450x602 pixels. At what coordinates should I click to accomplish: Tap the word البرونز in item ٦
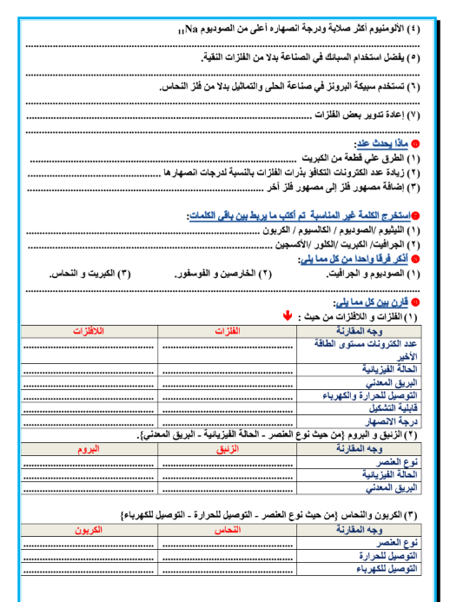click(x=347, y=87)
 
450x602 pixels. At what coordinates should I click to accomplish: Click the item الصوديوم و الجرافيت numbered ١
click(x=367, y=274)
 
